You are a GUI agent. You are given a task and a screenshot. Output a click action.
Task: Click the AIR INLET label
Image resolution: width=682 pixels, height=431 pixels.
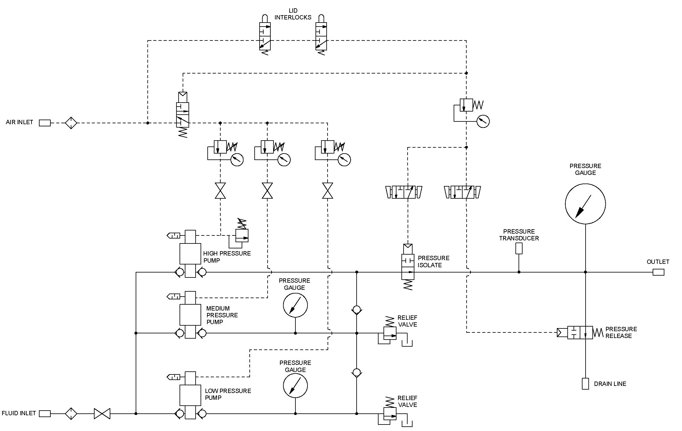[19, 122]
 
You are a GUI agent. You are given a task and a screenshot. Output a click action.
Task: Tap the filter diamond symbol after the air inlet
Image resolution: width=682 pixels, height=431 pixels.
[71, 123]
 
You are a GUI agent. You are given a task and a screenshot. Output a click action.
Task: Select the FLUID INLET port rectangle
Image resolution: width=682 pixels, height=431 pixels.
[45, 414]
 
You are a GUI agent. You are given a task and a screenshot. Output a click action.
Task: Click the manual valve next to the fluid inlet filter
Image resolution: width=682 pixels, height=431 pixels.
[102, 414]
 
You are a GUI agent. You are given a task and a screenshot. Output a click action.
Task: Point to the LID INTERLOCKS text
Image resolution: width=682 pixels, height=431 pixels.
[293, 14]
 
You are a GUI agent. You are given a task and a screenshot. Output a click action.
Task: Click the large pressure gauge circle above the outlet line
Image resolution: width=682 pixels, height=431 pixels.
[585, 204]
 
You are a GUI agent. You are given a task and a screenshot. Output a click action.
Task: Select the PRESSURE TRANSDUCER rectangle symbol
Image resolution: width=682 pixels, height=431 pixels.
[519, 248]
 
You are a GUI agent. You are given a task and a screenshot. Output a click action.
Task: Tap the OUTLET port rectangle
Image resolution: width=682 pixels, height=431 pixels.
[658, 272]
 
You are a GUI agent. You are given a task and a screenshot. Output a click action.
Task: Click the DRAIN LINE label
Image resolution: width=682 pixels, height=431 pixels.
[610, 384]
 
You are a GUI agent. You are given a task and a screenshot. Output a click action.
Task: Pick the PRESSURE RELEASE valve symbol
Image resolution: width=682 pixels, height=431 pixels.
[580, 333]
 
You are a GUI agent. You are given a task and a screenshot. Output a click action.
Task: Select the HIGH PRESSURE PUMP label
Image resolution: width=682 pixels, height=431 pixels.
[227, 257]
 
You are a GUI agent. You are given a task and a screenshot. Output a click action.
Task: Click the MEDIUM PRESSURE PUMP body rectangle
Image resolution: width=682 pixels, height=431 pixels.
[190, 315]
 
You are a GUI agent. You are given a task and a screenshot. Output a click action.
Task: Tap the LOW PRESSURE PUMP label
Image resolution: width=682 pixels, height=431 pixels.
[228, 394]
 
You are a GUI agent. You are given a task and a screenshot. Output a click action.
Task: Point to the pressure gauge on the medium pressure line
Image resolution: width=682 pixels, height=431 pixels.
[295, 305]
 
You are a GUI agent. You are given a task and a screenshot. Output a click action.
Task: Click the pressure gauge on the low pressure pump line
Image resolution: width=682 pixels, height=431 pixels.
[295, 386]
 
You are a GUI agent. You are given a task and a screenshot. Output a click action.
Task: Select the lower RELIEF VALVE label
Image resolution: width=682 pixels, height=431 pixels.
[407, 401]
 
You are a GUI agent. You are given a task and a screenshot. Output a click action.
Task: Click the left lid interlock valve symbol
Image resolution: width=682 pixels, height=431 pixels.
[265, 36]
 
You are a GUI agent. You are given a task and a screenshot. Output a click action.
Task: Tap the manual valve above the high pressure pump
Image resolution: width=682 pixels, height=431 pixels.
[220, 191]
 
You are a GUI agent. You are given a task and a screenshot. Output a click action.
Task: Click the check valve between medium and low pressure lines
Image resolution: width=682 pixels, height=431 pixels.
[357, 372]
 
